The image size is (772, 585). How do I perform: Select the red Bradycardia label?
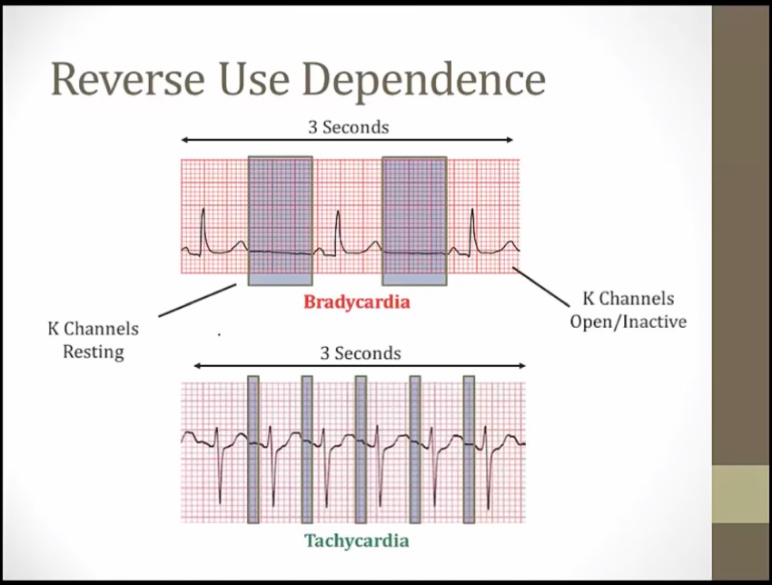(356, 302)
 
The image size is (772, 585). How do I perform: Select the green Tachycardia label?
(356, 540)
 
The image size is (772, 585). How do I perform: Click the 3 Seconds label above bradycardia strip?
(348, 127)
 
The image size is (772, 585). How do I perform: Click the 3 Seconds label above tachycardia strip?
(360, 352)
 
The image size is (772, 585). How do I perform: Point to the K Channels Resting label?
(94, 339)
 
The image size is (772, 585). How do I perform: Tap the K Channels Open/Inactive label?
(628, 310)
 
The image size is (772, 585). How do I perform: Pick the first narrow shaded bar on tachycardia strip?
(253, 450)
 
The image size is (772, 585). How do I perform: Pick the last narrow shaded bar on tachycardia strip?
(469, 450)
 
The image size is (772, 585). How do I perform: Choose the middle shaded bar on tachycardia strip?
(361, 450)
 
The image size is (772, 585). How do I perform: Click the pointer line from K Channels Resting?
(197, 301)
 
